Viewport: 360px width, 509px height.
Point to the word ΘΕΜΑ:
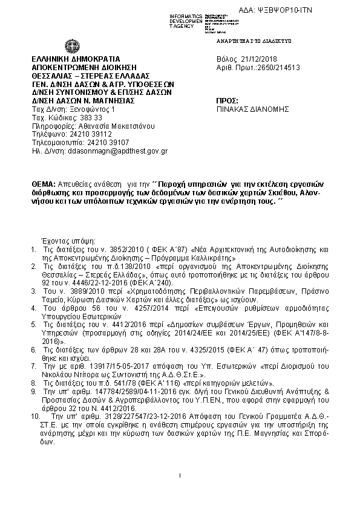[44, 183]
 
